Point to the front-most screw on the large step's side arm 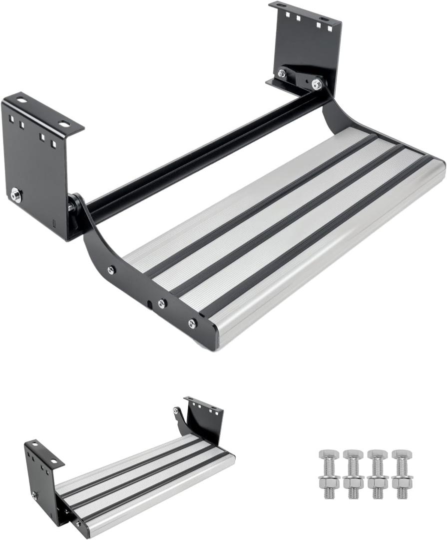click(192, 323)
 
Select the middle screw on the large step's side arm click(162, 303)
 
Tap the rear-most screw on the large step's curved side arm click(111, 270)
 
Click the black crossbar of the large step click(200, 155)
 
